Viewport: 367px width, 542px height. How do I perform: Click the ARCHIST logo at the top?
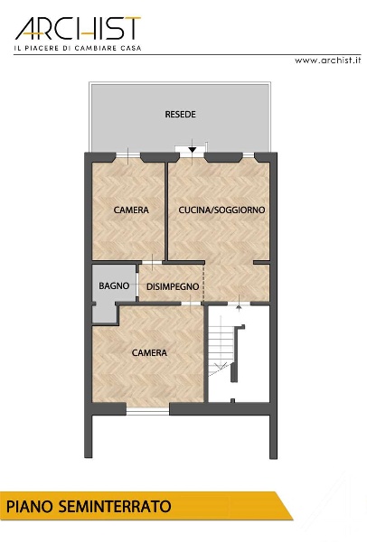(x=78, y=28)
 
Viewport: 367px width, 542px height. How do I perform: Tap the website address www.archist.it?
(x=327, y=61)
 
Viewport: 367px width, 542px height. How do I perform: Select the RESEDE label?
(x=180, y=115)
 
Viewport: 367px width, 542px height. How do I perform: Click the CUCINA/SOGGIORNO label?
(x=221, y=210)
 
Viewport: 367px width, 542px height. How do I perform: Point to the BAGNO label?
(x=114, y=285)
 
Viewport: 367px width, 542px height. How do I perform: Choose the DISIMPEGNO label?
(x=173, y=286)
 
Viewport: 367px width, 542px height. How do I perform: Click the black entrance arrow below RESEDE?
(x=193, y=150)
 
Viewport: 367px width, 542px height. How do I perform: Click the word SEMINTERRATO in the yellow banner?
(x=115, y=507)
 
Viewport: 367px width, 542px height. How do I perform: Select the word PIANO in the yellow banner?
(x=30, y=507)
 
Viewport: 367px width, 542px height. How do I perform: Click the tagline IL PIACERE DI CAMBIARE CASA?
(x=78, y=49)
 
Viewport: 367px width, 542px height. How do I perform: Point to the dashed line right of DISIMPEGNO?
(x=203, y=283)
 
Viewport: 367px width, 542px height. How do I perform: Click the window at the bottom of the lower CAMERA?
(x=147, y=410)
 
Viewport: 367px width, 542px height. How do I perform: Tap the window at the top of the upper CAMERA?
(x=128, y=156)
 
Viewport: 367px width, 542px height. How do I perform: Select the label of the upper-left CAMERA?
(x=131, y=210)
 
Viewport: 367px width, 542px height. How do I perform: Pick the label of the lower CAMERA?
(x=149, y=352)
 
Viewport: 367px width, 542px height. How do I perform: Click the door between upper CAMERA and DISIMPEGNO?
(x=152, y=262)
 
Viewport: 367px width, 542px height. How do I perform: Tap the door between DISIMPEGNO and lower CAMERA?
(x=191, y=304)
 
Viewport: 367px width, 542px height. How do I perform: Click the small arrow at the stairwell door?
(x=239, y=307)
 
